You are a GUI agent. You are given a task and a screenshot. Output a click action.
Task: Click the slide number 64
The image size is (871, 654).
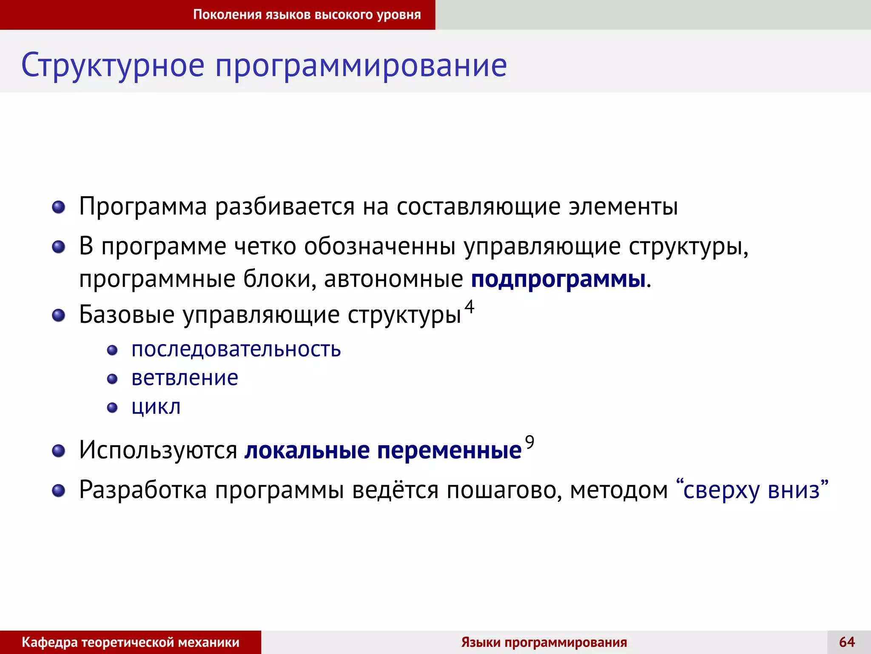point(847,642)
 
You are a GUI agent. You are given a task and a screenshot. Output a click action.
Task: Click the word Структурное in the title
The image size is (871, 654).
point(113,66)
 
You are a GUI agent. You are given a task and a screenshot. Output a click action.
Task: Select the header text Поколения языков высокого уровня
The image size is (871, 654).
point(307,15)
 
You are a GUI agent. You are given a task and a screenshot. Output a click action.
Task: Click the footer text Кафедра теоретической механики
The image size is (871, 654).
point(130,642)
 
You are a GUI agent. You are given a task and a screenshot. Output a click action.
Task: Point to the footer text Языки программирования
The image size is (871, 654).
point(544,642)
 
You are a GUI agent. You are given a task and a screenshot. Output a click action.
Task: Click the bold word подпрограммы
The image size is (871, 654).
point(558,280)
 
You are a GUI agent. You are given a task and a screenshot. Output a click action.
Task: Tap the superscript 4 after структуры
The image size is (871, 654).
point(469,306)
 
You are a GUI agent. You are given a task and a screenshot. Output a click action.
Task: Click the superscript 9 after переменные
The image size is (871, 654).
point(529,442)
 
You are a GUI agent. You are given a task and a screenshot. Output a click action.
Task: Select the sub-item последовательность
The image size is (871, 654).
point(236,350)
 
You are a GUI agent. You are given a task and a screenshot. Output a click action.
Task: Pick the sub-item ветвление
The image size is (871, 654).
point(185,378)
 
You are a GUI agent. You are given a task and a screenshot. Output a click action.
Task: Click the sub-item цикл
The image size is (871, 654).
point(156,407)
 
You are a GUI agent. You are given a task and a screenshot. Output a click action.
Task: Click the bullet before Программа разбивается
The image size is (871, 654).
point(58,207)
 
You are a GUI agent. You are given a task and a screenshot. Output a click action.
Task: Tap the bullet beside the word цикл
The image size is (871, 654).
point(112,408)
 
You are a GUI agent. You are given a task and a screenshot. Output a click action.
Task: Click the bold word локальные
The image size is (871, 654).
point(307,450)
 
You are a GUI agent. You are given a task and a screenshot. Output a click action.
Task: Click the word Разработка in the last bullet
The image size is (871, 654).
point(142,490)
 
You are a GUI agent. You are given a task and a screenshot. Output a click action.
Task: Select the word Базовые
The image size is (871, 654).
point(127,315)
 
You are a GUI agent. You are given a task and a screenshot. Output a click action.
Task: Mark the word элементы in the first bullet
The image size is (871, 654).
point(623,207)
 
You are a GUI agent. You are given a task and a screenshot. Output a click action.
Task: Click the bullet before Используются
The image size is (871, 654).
point(58,451)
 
